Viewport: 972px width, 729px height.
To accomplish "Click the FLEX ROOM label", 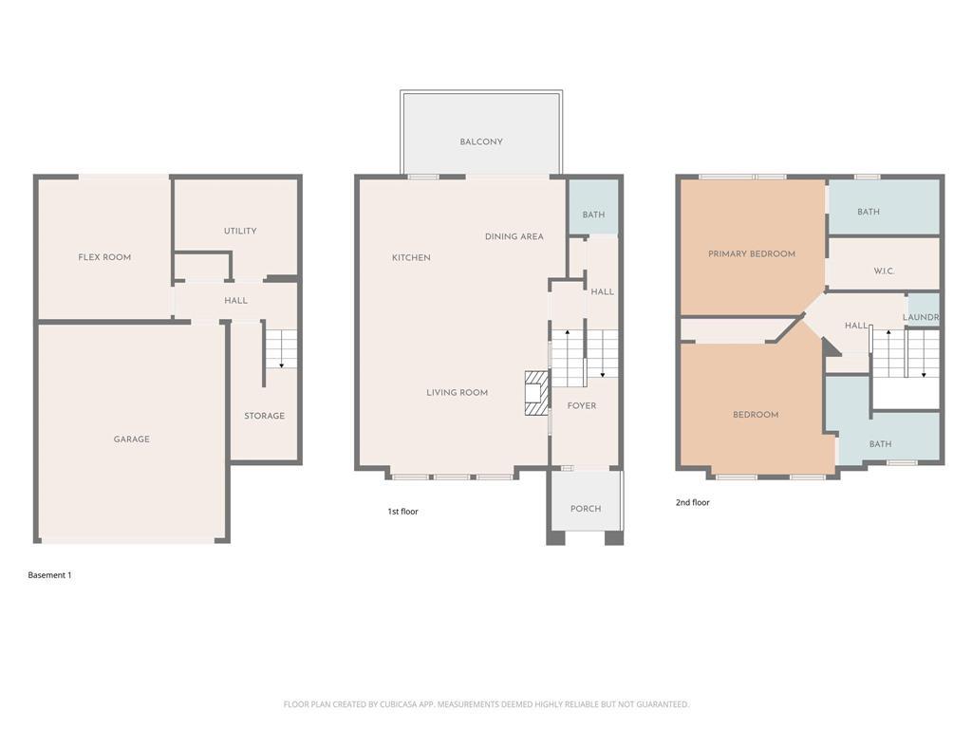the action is point(104,257).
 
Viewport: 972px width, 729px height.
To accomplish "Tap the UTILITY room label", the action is point(240,231).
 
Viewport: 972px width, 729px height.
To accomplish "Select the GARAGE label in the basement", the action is point(131,439).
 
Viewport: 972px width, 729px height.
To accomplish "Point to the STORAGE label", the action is point(264,416).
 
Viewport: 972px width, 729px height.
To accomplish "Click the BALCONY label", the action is point(481,141).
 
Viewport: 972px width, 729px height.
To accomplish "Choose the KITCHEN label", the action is point(411,257).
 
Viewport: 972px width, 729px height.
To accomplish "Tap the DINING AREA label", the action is point(514,236).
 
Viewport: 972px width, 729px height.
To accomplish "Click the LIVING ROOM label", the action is point(457,392).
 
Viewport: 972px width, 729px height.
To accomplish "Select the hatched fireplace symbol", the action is point(537,393).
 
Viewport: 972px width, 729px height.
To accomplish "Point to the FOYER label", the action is point(582,405).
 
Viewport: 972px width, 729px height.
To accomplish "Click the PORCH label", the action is point(585,509).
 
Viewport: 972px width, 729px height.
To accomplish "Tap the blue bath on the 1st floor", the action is point(593,207).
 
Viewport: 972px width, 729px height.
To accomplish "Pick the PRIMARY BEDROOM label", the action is point(752,253).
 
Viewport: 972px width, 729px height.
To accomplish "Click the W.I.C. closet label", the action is point(884,271).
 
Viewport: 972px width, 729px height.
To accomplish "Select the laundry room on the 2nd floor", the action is point(923,310).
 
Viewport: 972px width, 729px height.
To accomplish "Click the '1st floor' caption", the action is point(402,512).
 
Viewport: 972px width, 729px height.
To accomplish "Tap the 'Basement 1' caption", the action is point(49,575).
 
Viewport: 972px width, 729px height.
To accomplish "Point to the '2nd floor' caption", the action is point(692,503).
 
